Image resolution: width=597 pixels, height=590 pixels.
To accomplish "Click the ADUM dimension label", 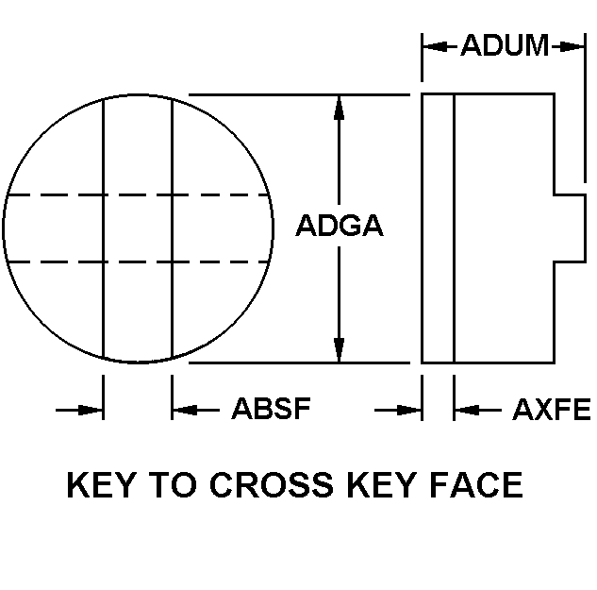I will coord(505,44).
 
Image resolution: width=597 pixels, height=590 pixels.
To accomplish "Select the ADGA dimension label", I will coord(340,227).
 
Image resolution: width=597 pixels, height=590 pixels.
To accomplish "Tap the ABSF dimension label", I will coord(271,409).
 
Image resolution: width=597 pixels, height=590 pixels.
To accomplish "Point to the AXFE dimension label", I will coord(551,409).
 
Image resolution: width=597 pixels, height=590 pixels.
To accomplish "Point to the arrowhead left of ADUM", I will coord(433,44).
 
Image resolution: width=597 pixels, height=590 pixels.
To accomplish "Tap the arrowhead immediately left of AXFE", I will coord(465,409).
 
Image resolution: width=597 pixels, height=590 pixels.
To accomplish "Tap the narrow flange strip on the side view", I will coord(438,228).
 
